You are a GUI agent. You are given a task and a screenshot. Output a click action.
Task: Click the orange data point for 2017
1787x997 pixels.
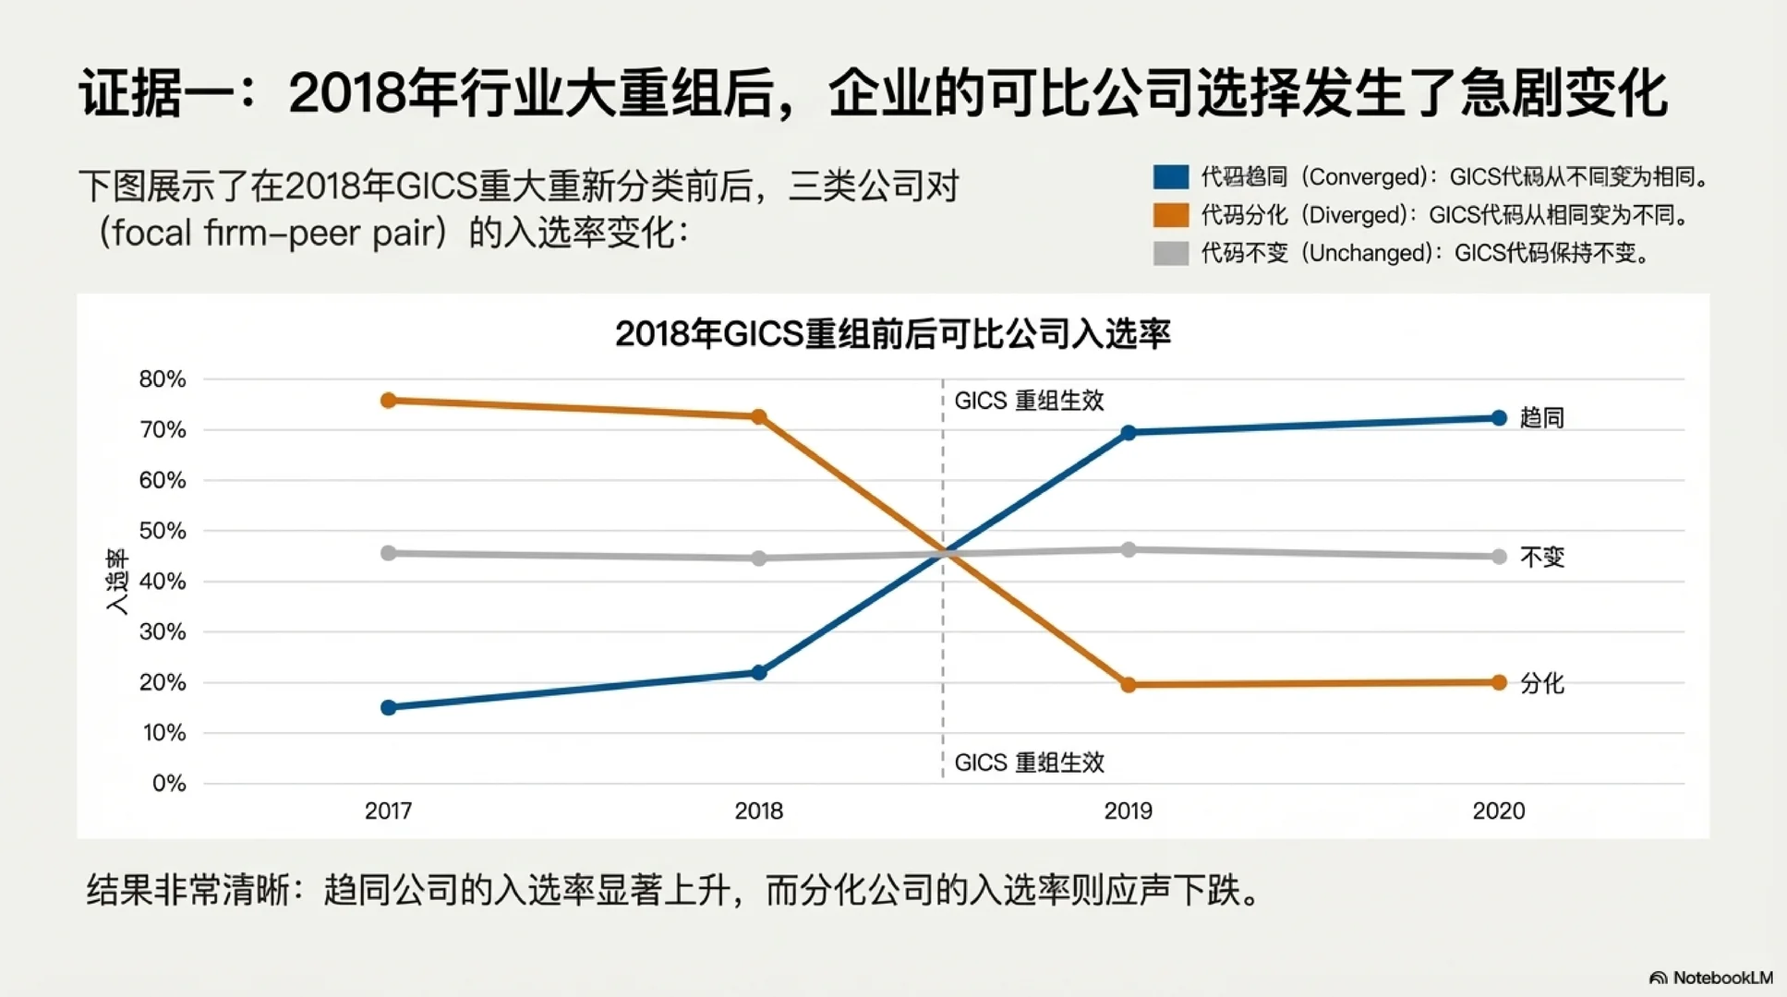click(x=389, y=401)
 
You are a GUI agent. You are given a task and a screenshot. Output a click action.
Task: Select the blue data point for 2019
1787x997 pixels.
click(x=1129, y=432)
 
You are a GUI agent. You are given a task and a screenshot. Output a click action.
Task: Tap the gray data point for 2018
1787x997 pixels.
click(x=759, y=559)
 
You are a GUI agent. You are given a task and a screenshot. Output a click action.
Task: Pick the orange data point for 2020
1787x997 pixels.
click(x=1499, y=682)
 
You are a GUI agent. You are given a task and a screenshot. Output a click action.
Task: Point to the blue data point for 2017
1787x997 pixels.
click(x=389, y=707)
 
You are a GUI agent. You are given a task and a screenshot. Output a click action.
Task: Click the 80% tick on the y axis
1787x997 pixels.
click(x=163, y=379)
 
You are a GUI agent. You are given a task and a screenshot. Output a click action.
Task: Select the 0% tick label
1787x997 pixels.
click(x=169, y=784)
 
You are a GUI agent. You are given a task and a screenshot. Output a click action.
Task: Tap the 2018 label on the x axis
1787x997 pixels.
click(x=758, y=811)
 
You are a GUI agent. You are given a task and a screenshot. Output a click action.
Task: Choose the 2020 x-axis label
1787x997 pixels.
click(x=1498, y=811)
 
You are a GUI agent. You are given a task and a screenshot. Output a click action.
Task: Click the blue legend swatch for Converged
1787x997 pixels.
click(x=1171, y=176)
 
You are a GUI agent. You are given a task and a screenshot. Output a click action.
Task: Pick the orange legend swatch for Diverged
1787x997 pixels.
click(x=1171, y=215)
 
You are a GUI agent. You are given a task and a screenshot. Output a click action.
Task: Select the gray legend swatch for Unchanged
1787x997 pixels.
click(x=1171, y=253)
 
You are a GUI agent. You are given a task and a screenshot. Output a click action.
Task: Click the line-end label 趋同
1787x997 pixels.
click(x=1541, y=418)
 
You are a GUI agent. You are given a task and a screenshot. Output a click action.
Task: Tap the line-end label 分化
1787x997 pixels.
click(x=1541, y=683)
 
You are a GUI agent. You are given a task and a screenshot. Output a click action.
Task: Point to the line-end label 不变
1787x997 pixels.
click(x=1541, y=557)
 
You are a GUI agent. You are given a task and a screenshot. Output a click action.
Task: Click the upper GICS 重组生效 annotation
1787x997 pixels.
click(x=1029, y=401)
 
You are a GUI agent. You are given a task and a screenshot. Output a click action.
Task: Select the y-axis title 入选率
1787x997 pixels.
click(x=117, y=582)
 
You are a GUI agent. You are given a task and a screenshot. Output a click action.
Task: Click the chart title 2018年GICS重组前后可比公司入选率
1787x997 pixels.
click(x=892, y=333)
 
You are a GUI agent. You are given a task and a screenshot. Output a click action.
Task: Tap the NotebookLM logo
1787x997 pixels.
click(x=1710, y=978)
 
